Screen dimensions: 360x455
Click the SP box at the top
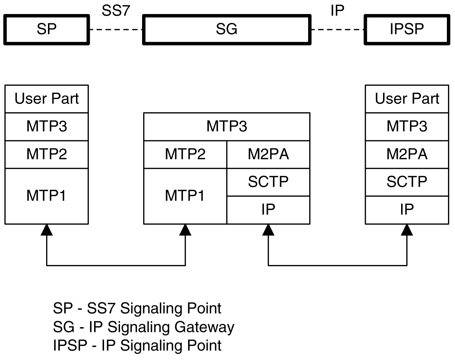[46, 30]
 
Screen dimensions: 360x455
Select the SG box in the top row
[227, 30]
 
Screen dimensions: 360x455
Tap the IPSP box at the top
[407, 30]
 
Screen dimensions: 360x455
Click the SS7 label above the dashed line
[116, 11]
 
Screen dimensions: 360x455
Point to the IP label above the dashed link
[337, 11]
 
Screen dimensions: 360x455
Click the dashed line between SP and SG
[116, 30]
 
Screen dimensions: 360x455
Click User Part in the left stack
[46, 99]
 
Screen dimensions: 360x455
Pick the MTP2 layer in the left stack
[46, 154]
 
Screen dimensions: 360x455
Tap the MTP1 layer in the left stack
[46, 196]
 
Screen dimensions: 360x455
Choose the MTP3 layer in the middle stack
[227, 126]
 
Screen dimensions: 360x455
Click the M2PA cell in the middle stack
[268, 154]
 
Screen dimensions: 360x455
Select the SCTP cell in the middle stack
[268, 182]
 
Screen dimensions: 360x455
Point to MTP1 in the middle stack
[185, 196]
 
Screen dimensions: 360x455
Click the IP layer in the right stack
[407, 210]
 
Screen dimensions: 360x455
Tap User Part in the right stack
[407, 99]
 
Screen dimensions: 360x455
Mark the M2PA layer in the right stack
[407, 154]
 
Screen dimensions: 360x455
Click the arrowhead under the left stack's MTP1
[46, 230]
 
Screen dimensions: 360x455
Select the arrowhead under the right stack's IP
[407, 230]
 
